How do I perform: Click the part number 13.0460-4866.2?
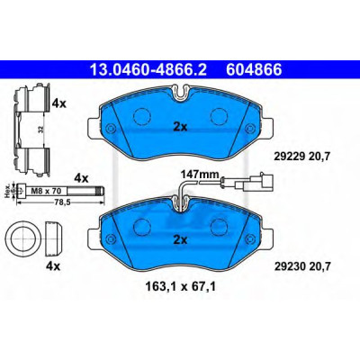click(x=148, y=70)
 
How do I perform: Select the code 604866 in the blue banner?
click(x=254, y=70)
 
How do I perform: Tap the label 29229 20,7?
click(x=302, y=156)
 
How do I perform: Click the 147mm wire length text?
click(x=200, y=174)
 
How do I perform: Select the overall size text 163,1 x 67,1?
click(x=180, y=287)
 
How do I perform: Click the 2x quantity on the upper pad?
click(x=180, y=128)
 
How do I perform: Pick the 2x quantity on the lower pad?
click(x=180, y=239)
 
